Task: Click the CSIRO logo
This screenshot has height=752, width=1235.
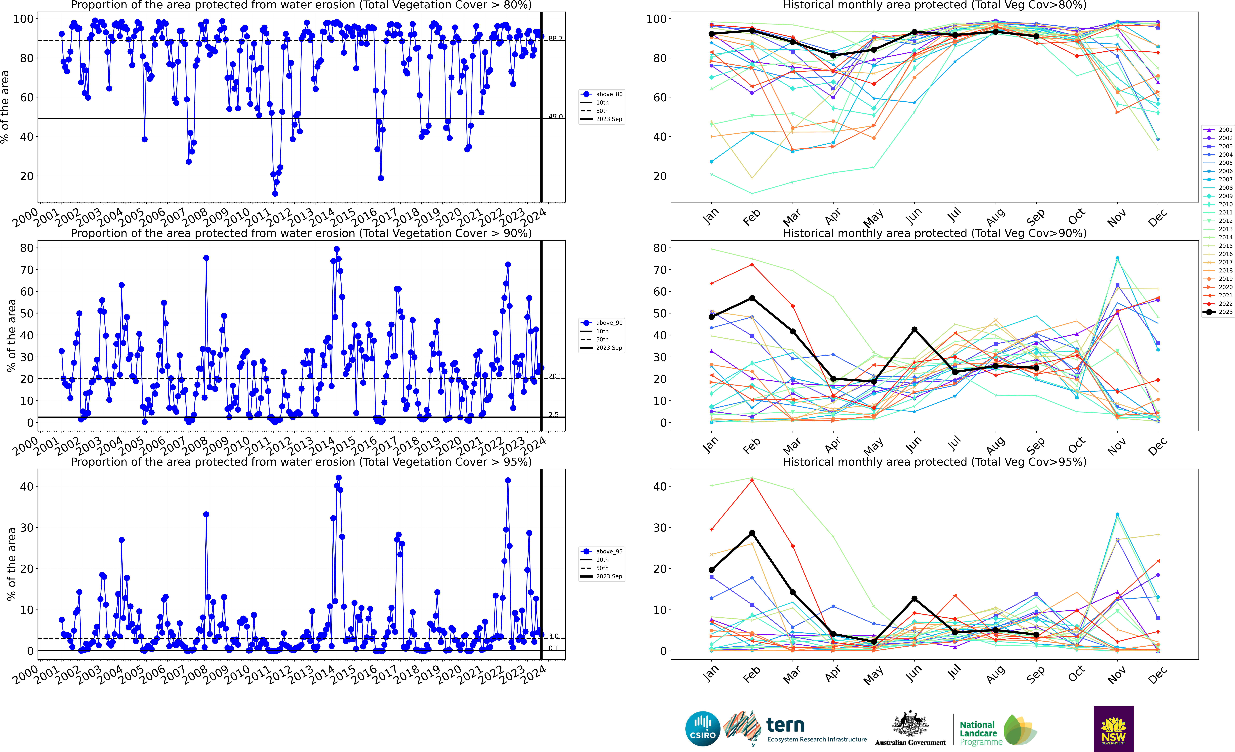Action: click(x=703, y=728)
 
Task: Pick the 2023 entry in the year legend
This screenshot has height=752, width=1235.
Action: click(x=1218, y=312)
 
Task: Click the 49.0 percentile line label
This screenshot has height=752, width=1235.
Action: click(x=555, y=116)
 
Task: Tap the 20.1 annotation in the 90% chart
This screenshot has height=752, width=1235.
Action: click(x=555, y=376)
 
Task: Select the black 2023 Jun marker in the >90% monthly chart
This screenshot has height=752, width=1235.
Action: click(x=915, y=329)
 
